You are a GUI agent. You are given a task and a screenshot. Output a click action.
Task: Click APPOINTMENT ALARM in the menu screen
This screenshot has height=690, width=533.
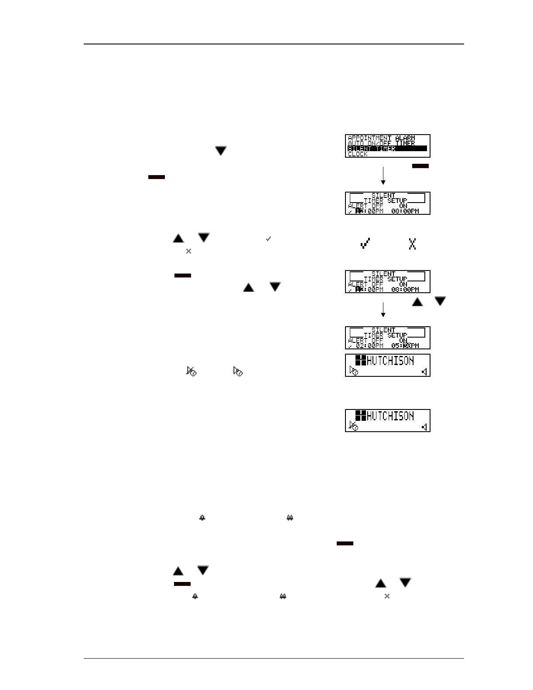(381, 138)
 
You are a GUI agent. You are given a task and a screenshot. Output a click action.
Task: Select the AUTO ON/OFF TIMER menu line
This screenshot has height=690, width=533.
(381, 143)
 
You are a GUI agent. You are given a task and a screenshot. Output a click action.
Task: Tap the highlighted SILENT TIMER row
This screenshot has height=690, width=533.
(387, 149)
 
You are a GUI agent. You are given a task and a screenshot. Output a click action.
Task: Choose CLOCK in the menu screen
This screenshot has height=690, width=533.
(358, 154)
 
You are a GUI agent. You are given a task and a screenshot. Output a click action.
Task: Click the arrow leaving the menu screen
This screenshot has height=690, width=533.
(383, 175)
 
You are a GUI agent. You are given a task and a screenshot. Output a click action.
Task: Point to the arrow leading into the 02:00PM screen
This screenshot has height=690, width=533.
(383, 310)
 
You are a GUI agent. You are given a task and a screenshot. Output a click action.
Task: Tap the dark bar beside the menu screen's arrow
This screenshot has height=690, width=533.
(420, 166)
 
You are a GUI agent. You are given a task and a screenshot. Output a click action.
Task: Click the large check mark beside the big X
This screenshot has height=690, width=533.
(365, 244)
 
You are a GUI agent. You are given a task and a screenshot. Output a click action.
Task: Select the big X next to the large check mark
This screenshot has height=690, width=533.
(412, 244)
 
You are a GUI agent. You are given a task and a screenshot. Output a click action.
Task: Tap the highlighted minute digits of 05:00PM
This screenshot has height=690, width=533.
(406, 346)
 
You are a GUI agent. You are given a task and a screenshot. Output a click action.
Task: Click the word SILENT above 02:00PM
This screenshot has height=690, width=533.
(383, 330)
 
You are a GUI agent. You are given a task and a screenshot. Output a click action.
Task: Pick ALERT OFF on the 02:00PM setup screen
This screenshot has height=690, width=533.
(366, 341)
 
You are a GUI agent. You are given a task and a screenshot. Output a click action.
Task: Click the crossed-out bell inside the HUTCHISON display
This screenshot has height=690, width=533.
(354, 426)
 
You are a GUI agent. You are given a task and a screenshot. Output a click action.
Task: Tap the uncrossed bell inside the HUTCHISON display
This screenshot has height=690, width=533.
(354, 371)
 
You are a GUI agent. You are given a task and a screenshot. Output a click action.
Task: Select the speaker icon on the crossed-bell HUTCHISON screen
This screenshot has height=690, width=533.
(424, 427)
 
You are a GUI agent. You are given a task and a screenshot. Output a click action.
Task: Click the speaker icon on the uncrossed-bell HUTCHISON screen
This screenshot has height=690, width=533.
(424, 372)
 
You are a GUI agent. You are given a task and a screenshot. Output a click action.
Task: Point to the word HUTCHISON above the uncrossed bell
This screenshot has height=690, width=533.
(390, 361)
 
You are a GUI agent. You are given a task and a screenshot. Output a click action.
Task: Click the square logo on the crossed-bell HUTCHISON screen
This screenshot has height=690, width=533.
(360, 416)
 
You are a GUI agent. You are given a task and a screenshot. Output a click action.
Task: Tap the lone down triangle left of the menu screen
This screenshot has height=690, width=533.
(221, 151)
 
